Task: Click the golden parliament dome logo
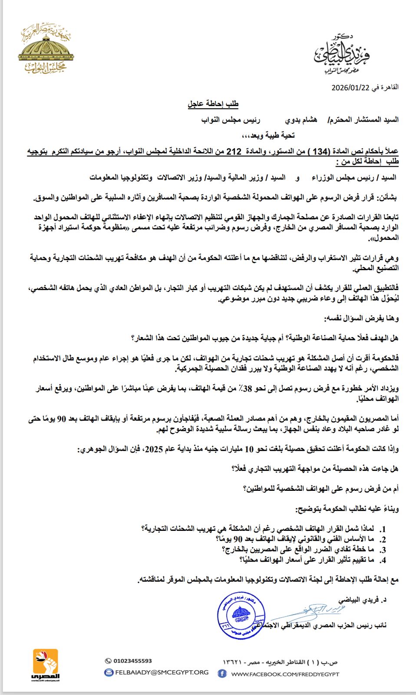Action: [46, 48]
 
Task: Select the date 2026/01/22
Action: [350, 87]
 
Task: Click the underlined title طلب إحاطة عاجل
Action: [213, 104]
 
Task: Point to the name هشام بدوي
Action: [301, 120]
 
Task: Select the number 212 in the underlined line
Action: [234, 152]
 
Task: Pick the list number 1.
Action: [383, 529]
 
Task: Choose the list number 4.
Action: [383, 560]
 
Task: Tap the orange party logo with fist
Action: [46, 665]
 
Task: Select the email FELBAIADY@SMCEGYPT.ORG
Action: [162, 672]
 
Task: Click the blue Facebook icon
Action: [222, 674]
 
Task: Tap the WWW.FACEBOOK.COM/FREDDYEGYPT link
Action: [285, 674]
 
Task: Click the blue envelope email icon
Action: [109, 672]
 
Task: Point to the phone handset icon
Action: [108, 661]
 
